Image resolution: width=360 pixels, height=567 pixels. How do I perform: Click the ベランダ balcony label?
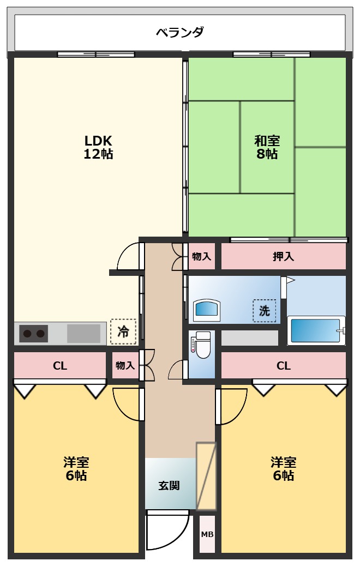point(180,32)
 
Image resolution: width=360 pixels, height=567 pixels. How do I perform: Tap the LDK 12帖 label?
point(98,147)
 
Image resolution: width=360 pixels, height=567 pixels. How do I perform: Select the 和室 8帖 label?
point(267,147)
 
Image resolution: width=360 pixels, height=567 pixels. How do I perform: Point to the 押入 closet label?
point(283,256)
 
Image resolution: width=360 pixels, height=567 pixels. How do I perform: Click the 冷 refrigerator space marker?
point(123,331)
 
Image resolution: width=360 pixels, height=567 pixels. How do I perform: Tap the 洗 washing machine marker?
point(265,311)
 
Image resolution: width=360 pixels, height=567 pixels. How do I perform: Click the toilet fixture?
point(201,345)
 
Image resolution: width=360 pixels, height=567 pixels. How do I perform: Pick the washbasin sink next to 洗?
point(207,310)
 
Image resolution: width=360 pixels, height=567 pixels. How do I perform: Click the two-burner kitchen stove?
point(34,333)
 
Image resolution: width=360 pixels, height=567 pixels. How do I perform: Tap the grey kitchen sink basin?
point(83,333)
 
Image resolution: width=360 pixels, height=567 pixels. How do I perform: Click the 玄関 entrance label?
point(169,485)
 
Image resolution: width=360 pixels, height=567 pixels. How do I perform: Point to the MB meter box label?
point(207,534)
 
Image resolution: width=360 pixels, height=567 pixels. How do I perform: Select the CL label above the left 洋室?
point(60,366)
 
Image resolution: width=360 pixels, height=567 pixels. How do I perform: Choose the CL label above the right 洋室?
point(283,366)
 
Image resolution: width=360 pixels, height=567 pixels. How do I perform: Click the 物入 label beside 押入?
point(201,256)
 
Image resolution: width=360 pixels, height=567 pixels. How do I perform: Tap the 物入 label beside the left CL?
point(125,366)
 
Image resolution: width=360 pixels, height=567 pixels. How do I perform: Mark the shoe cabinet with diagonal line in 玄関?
point(206,476)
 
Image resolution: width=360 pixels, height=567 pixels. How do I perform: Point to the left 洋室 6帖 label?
point(76,469)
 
